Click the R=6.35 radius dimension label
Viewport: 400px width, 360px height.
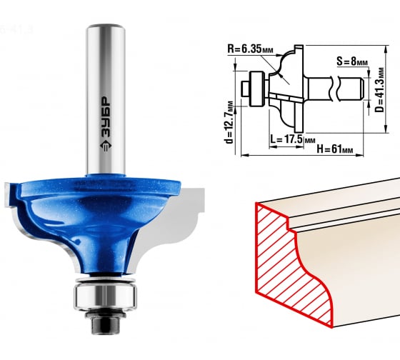point(250,49)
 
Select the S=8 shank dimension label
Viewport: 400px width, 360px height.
point(351,61)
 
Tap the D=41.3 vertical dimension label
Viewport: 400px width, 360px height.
point(379,89)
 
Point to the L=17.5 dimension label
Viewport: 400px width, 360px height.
point(293,139)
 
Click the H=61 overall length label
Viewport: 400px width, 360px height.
point(335,149)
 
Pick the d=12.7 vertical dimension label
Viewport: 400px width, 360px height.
point(229,122)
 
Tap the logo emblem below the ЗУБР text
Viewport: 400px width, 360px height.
point(106,146)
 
